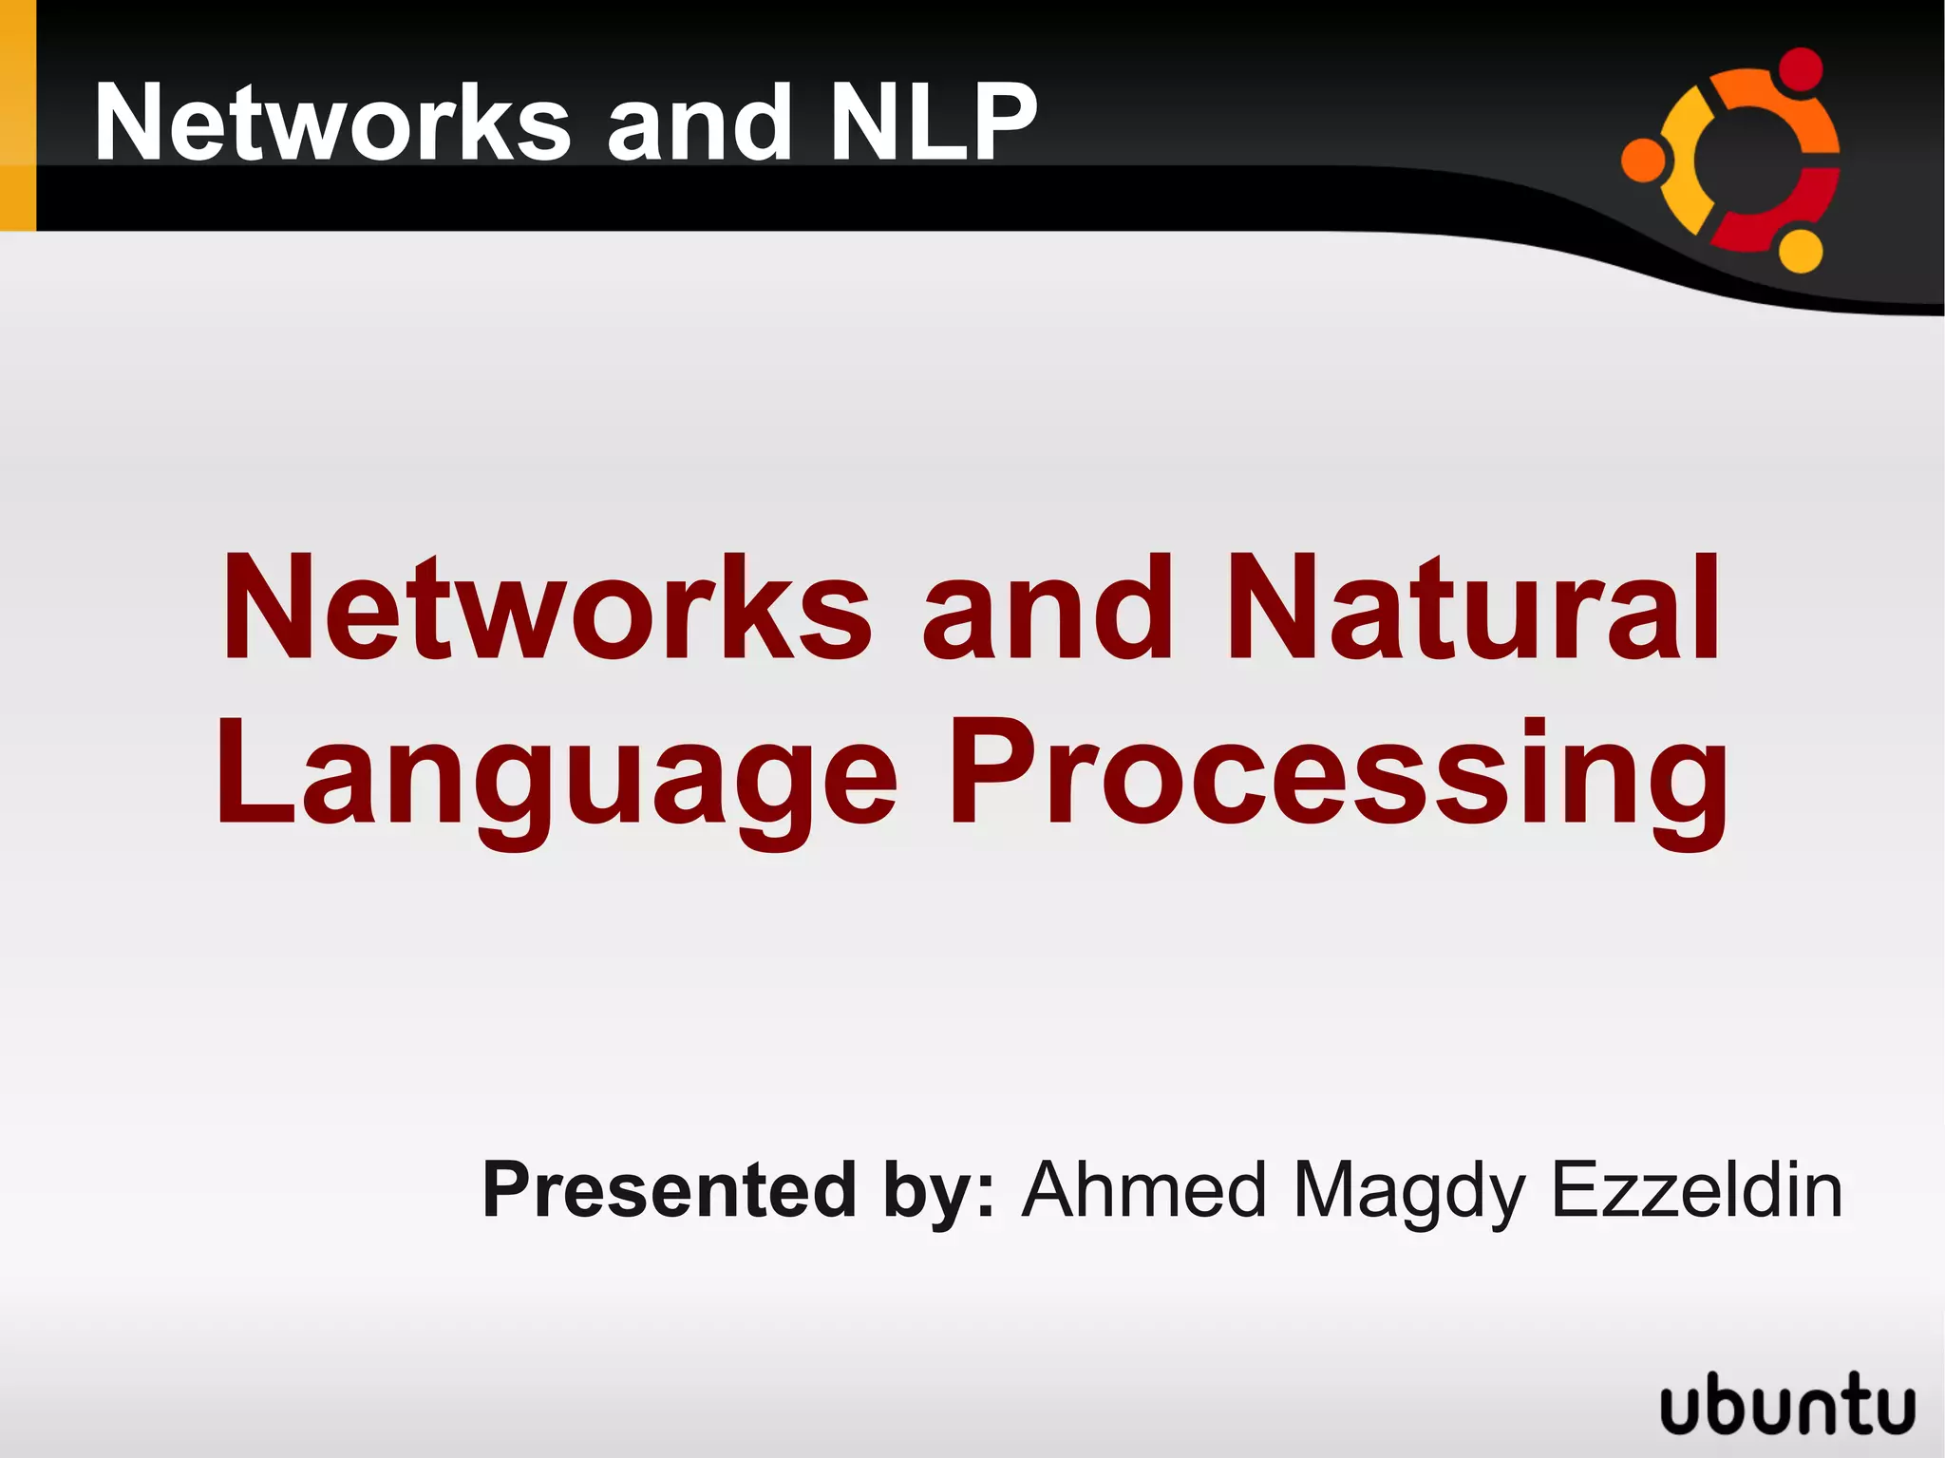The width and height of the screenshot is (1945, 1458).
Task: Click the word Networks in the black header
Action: [x=332, y=123]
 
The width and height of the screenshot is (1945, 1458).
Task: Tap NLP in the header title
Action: [x=933, y=123]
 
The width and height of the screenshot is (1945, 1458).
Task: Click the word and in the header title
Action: [x=699, y=123]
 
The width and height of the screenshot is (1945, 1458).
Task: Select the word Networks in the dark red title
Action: [x=546, y=608]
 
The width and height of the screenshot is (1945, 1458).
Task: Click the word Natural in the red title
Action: [x=1472, y=608]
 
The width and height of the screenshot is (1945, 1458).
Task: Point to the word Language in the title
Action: [x=556, y=774]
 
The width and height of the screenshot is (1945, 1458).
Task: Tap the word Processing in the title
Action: [x=1339, y=774]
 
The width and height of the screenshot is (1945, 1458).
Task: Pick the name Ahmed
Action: [x=1144, y=1189]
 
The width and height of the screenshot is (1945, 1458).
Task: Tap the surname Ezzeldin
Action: [x=1696, y=1189]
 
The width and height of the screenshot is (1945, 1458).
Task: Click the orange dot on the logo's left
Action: [x=1643, y=159]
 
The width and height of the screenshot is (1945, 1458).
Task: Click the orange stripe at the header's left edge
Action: [x=17, y=114]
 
